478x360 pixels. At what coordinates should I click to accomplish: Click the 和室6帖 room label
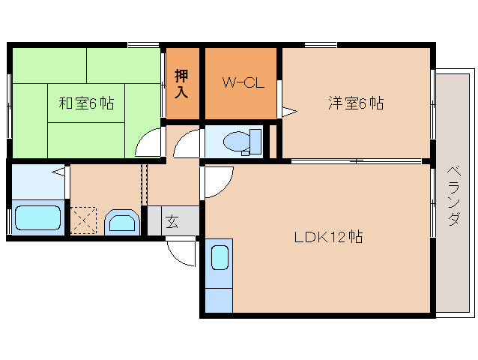(x=86, y=103)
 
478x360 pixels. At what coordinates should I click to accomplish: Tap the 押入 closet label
(x=182, y=83)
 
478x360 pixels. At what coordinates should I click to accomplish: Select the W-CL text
(x=241, y=83)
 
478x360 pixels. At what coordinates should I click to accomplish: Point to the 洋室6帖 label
(x=355, y=103)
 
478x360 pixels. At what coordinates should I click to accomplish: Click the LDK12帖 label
(x=328, y=237)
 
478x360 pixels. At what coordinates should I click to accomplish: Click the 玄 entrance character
(x=172, y=221)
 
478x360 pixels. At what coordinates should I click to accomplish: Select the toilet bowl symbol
(x=236, y=140)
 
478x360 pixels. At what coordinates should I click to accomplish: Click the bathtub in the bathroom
(x=37, y=218)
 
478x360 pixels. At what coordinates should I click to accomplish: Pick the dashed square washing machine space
(x=84, y=220)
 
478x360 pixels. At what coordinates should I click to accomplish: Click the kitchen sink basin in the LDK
(x=219, y=258)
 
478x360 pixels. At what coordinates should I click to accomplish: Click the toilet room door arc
(x=187, y=142)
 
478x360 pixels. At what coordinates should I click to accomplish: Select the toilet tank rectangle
(x=255, y=140)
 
